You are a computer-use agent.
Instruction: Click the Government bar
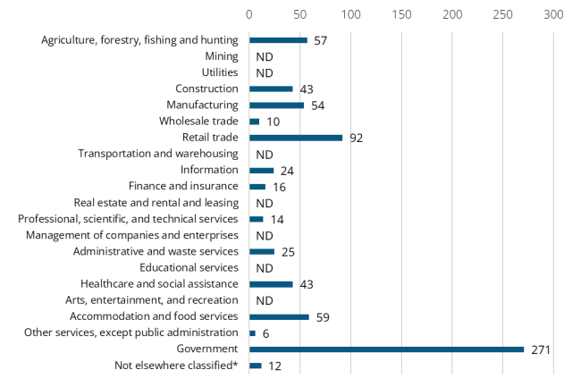click(386, 349)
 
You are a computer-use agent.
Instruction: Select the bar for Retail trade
click(296, 138)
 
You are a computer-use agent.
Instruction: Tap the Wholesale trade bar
click(255, 122)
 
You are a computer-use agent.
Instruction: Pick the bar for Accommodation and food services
click(279, 316)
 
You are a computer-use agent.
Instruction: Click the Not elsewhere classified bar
click(256, 366)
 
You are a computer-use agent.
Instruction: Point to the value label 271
click(539, 349)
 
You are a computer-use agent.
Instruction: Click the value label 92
click(357, 138)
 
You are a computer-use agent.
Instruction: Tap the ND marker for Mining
click(264, 56)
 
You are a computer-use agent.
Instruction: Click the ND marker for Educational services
click(264, 268)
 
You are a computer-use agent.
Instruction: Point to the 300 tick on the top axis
click(553, 14)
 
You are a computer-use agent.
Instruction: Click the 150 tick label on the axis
click(401, 14)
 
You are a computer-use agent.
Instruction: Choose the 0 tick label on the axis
click(249, 14)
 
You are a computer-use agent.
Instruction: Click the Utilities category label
click(220, 72)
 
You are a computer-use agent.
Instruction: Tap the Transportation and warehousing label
click(158, 154)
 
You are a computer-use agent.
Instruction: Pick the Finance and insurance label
click(183, 186)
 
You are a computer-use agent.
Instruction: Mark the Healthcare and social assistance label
click(160, 283)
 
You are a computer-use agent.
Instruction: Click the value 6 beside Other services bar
click(266, 332)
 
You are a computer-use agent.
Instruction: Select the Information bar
click(262, 170)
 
